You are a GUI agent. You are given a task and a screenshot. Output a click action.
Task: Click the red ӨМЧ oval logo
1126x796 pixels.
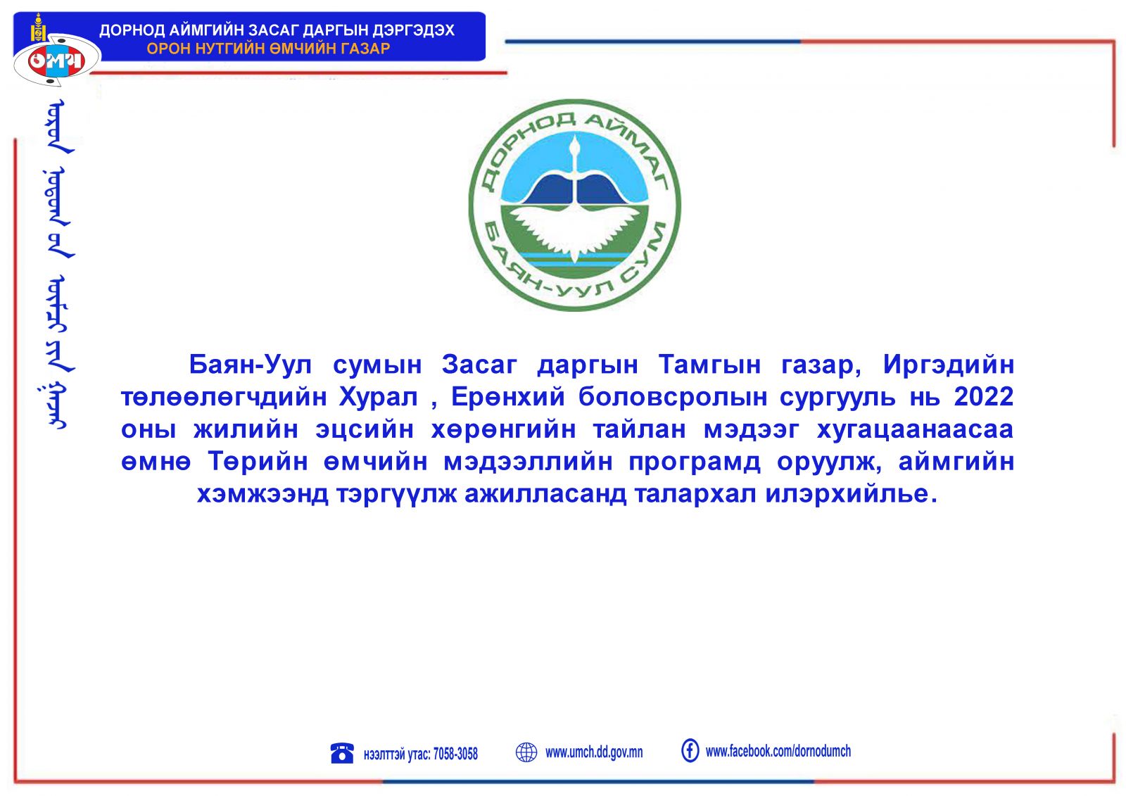pos(57,61)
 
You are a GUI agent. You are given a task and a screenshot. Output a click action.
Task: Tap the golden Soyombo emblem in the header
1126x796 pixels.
pos(38,28)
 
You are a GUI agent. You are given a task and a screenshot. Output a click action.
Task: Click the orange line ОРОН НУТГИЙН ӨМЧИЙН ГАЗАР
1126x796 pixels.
pos(268,49)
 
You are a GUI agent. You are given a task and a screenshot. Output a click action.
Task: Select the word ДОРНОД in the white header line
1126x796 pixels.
pos(132,30)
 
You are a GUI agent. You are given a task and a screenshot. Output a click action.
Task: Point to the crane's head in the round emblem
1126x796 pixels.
pos(575,146)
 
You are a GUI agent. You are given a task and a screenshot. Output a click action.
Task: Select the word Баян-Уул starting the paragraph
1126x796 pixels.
pos(251,365)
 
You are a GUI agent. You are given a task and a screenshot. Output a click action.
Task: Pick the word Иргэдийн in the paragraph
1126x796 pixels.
pos(949,365)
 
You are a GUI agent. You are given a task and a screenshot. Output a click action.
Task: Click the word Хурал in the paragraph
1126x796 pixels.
pos(379,398)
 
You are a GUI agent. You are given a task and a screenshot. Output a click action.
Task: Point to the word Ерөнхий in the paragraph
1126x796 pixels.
pos(508,397)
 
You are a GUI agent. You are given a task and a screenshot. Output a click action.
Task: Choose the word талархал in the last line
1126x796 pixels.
pos(695,494)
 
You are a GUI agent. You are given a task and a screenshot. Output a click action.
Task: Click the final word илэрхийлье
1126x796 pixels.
pos(852,494)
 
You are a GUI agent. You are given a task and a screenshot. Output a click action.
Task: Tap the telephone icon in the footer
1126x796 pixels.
pos(342,753)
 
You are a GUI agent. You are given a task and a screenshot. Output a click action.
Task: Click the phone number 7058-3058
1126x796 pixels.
pos(455,754)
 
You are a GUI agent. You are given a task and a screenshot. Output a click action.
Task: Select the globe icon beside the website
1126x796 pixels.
pos(526,752)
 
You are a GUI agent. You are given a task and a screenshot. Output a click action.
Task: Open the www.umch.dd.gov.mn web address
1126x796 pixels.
pos(594,752)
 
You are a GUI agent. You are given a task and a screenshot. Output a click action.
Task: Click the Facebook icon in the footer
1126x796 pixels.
pos(690,751)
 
